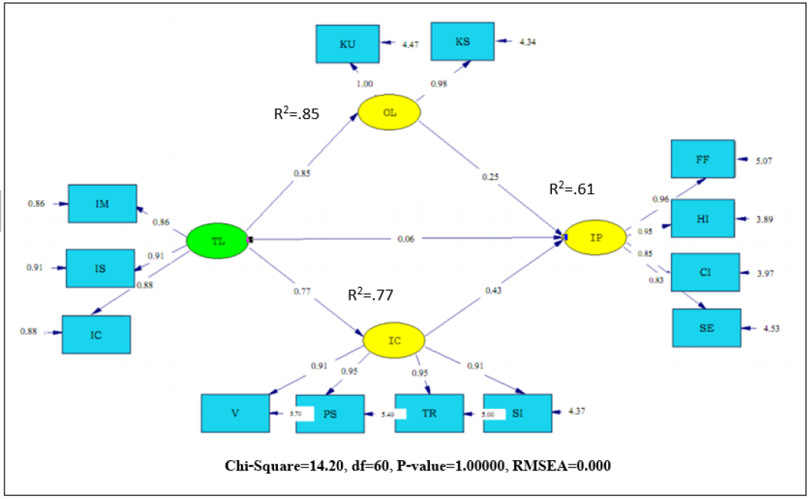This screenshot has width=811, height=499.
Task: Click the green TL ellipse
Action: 216,241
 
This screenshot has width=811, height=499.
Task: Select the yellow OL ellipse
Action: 389,113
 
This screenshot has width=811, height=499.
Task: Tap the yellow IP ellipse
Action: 596,238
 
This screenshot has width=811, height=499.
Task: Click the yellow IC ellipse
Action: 395,341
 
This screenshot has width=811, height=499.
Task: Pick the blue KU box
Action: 347,44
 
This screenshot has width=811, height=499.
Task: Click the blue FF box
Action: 702,159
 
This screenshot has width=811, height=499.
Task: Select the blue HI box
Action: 702,219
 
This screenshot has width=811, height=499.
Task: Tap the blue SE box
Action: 706,327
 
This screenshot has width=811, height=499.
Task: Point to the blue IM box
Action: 103,203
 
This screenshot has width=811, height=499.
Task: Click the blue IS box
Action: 100,267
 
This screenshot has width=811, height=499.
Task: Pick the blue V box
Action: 235,413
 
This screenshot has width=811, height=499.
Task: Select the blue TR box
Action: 430,414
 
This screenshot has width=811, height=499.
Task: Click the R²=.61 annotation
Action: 571,190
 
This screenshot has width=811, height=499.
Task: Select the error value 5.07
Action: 764,160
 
